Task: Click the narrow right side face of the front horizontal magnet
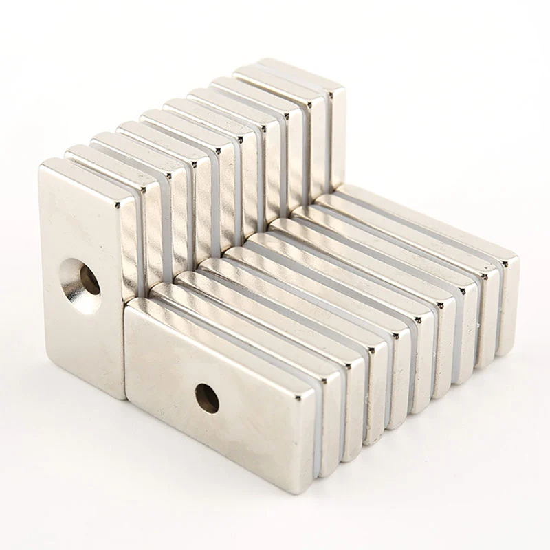click(314, 440)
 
